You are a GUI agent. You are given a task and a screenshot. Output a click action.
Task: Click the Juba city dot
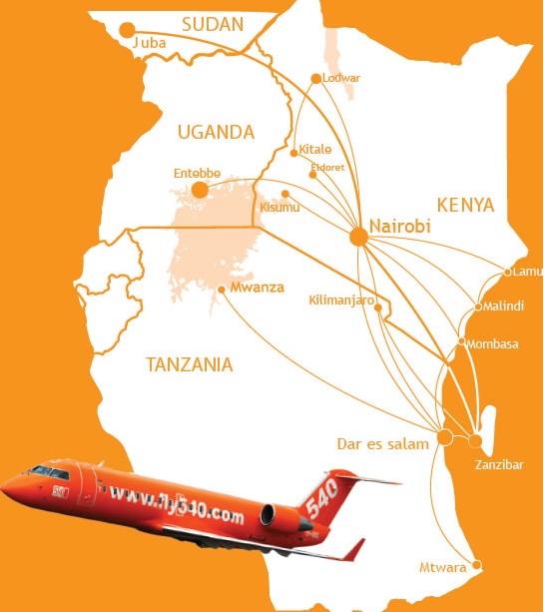(x=127, y=30)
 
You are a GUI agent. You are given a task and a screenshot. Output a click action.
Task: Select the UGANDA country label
(x=215, y=132)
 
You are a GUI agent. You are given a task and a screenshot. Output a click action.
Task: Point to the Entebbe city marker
(x=200, y=190)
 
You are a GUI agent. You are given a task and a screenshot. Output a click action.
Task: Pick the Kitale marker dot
(x=293, y=153)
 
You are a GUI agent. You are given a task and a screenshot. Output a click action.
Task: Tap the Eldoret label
(x=327, y=167)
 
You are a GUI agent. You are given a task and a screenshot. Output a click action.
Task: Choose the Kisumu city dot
(x=285, y=194)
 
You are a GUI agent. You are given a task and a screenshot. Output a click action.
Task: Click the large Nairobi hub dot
(x=358, y=237)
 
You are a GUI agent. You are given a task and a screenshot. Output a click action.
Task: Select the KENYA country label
(x=465, y=205)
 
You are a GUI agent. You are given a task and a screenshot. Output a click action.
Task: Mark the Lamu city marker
(x=507, y=272)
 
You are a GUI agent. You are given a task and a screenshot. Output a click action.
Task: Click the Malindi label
(x=504, y=306)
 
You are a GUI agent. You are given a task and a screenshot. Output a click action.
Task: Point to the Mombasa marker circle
(x=460, y=342)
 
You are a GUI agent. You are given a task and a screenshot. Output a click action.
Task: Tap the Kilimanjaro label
(x=341, y=299)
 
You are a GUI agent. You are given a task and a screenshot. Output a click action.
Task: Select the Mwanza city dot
(x=221, y=291)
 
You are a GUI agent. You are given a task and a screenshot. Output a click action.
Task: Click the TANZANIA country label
(x=189, y=364)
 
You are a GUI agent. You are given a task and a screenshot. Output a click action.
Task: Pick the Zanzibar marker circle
(x=475, y=440)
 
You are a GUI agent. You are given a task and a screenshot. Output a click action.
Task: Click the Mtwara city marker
(x=476, y=566)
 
